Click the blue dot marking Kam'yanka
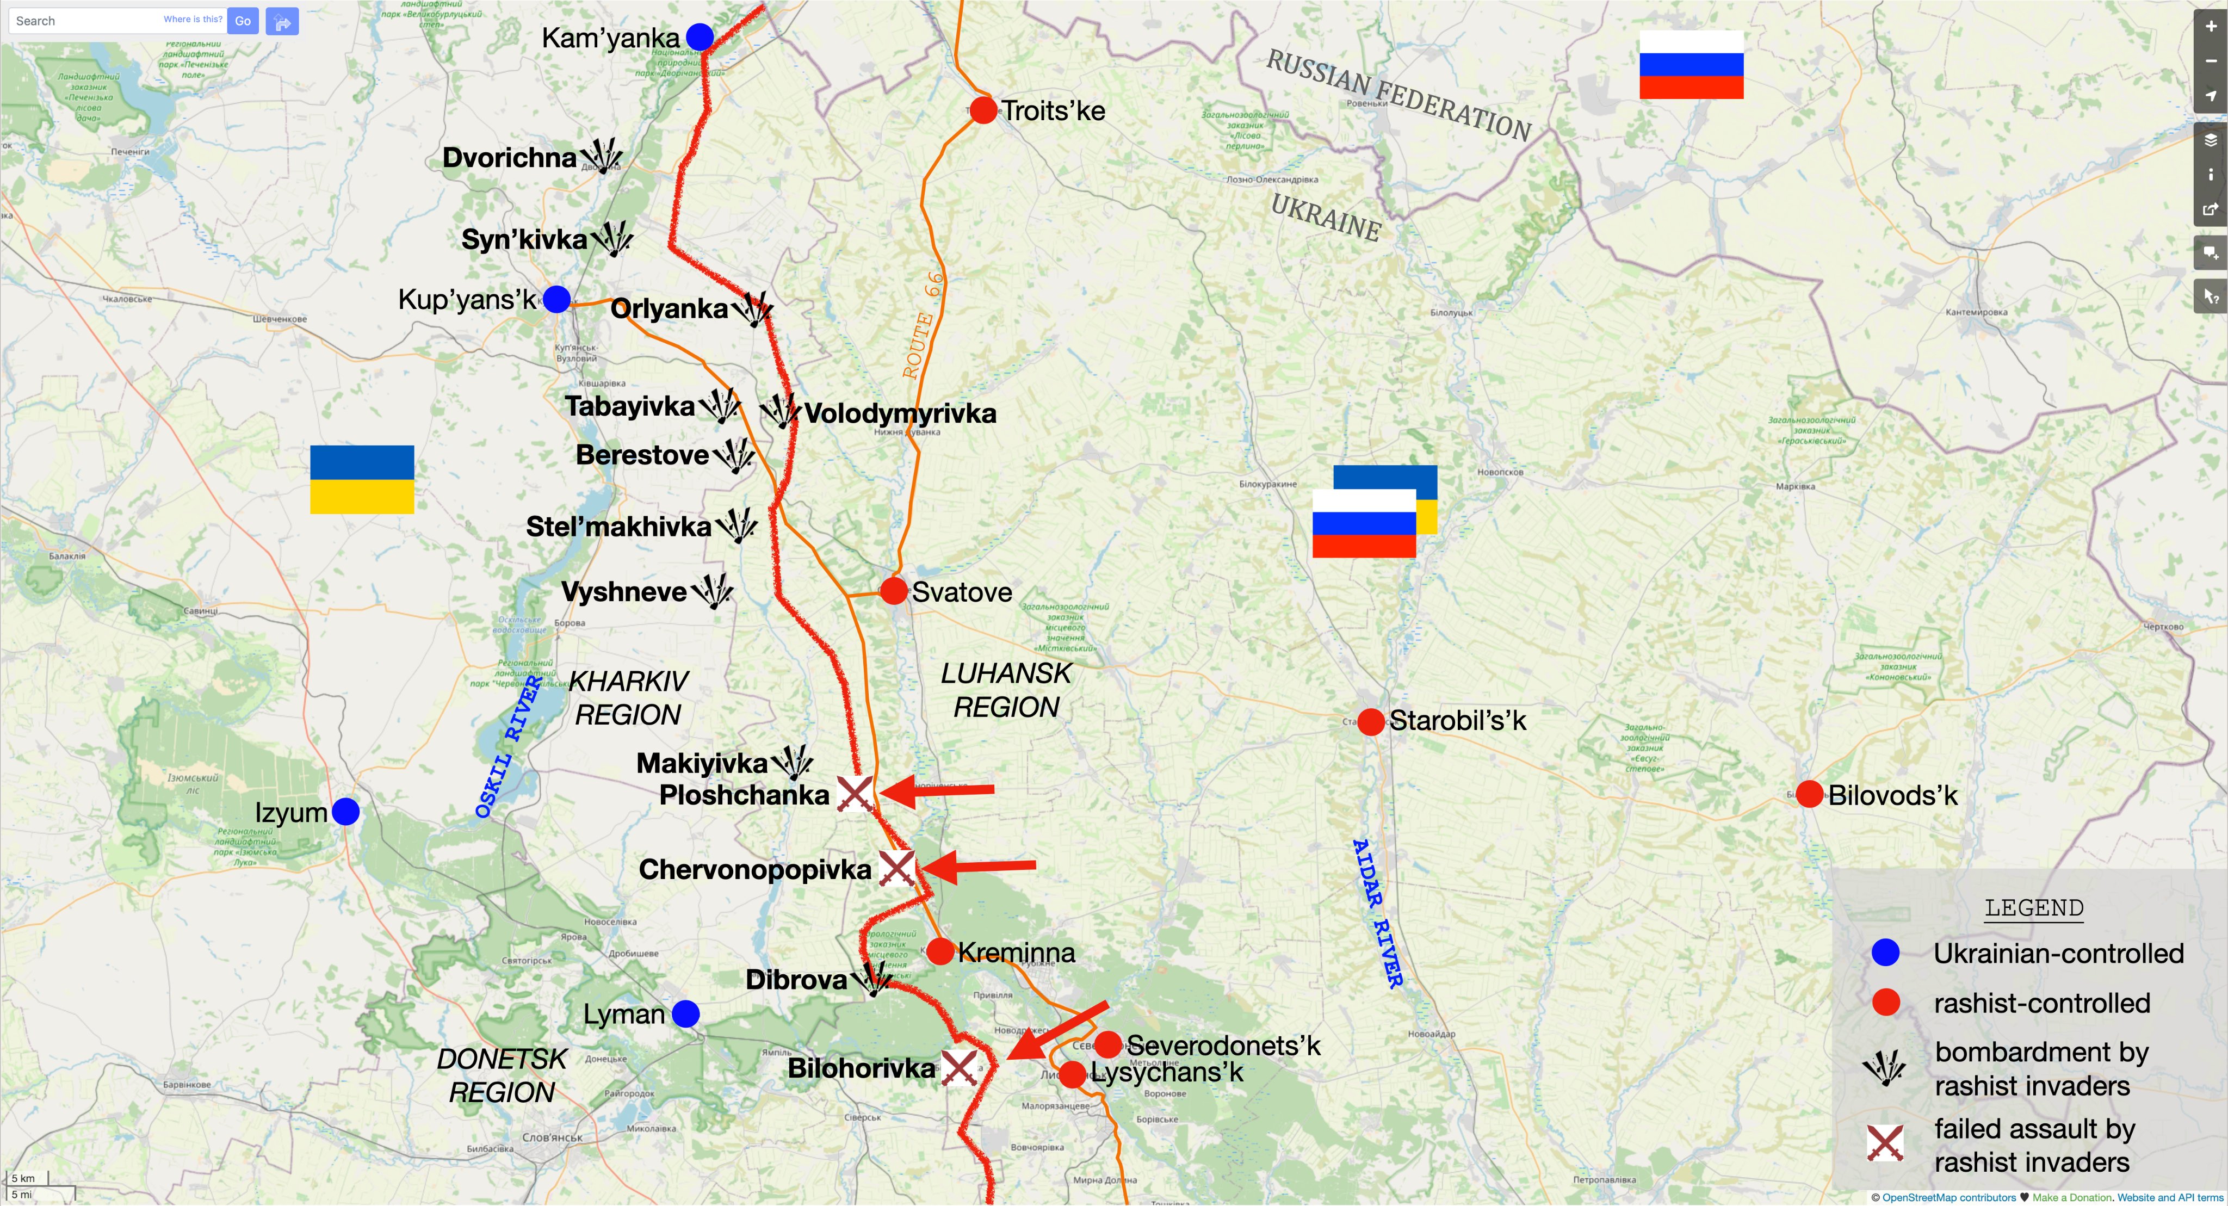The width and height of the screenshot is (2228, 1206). [x=700, y=37]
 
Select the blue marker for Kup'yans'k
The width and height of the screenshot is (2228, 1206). [x=556, y=299]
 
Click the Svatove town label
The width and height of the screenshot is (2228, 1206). [x=961, y=592]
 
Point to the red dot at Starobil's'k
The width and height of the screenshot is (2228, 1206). [x=1370, y=721]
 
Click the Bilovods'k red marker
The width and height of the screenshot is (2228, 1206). [x=1809, y=794]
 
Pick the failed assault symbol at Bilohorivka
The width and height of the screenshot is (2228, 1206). [x=958, y=1068]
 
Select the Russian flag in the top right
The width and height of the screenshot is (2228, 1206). [x=1691, y=65]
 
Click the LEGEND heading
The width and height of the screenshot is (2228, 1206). [x=2033, y=907]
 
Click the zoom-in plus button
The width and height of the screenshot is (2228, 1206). [x=2211, y=26]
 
